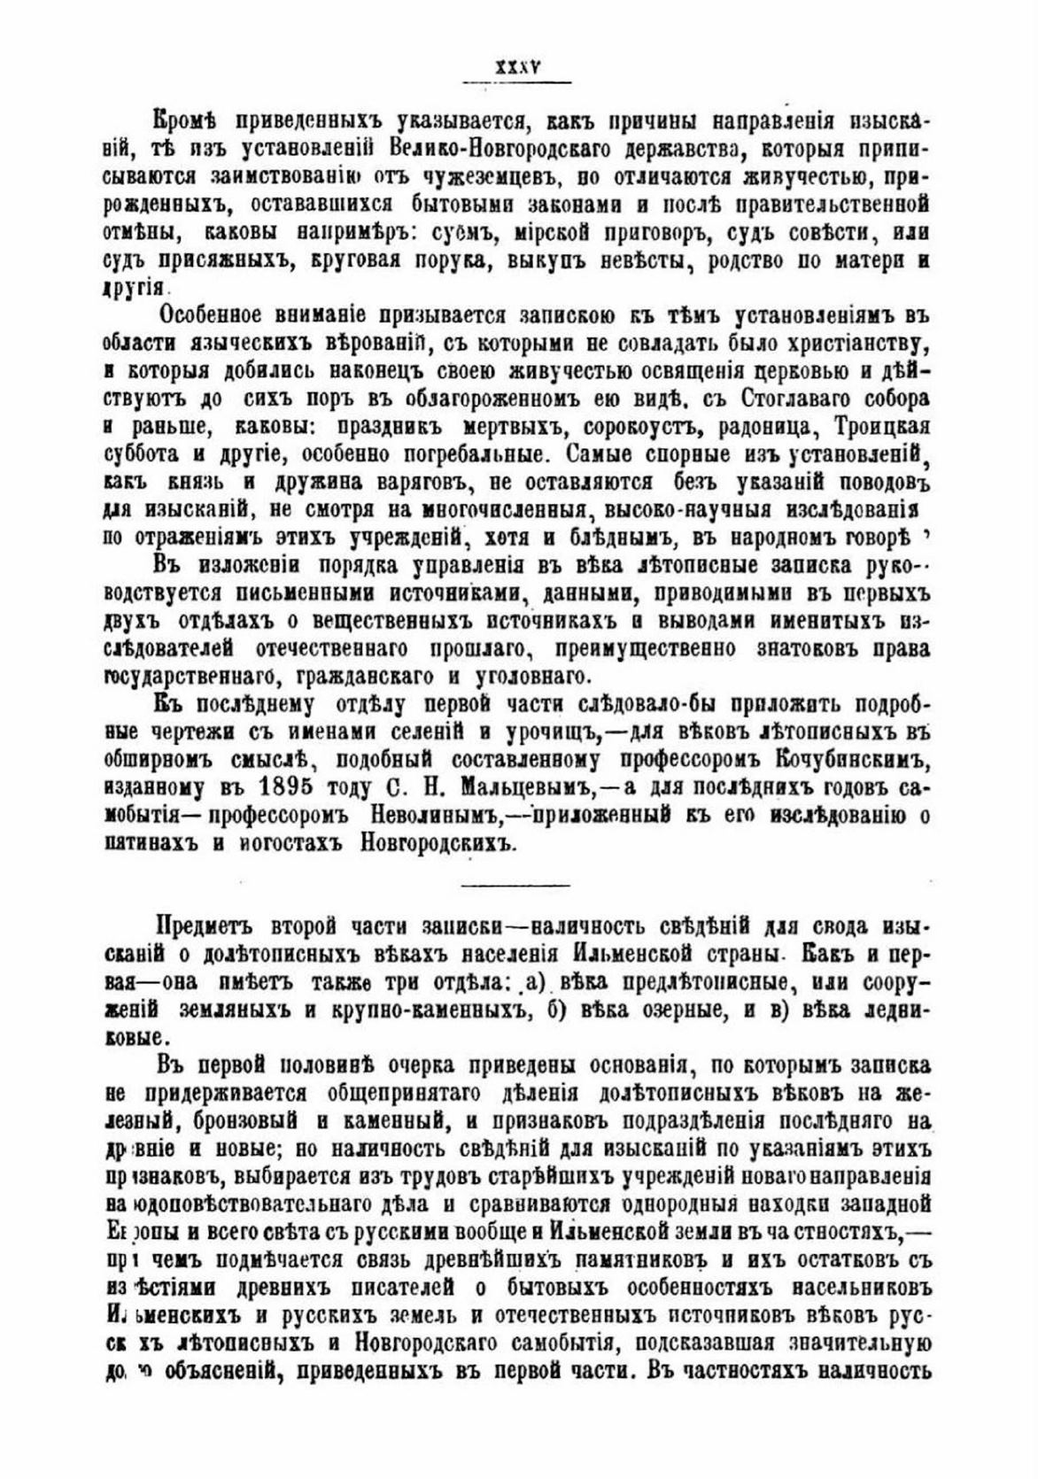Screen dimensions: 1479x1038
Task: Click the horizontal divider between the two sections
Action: point(516,885)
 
